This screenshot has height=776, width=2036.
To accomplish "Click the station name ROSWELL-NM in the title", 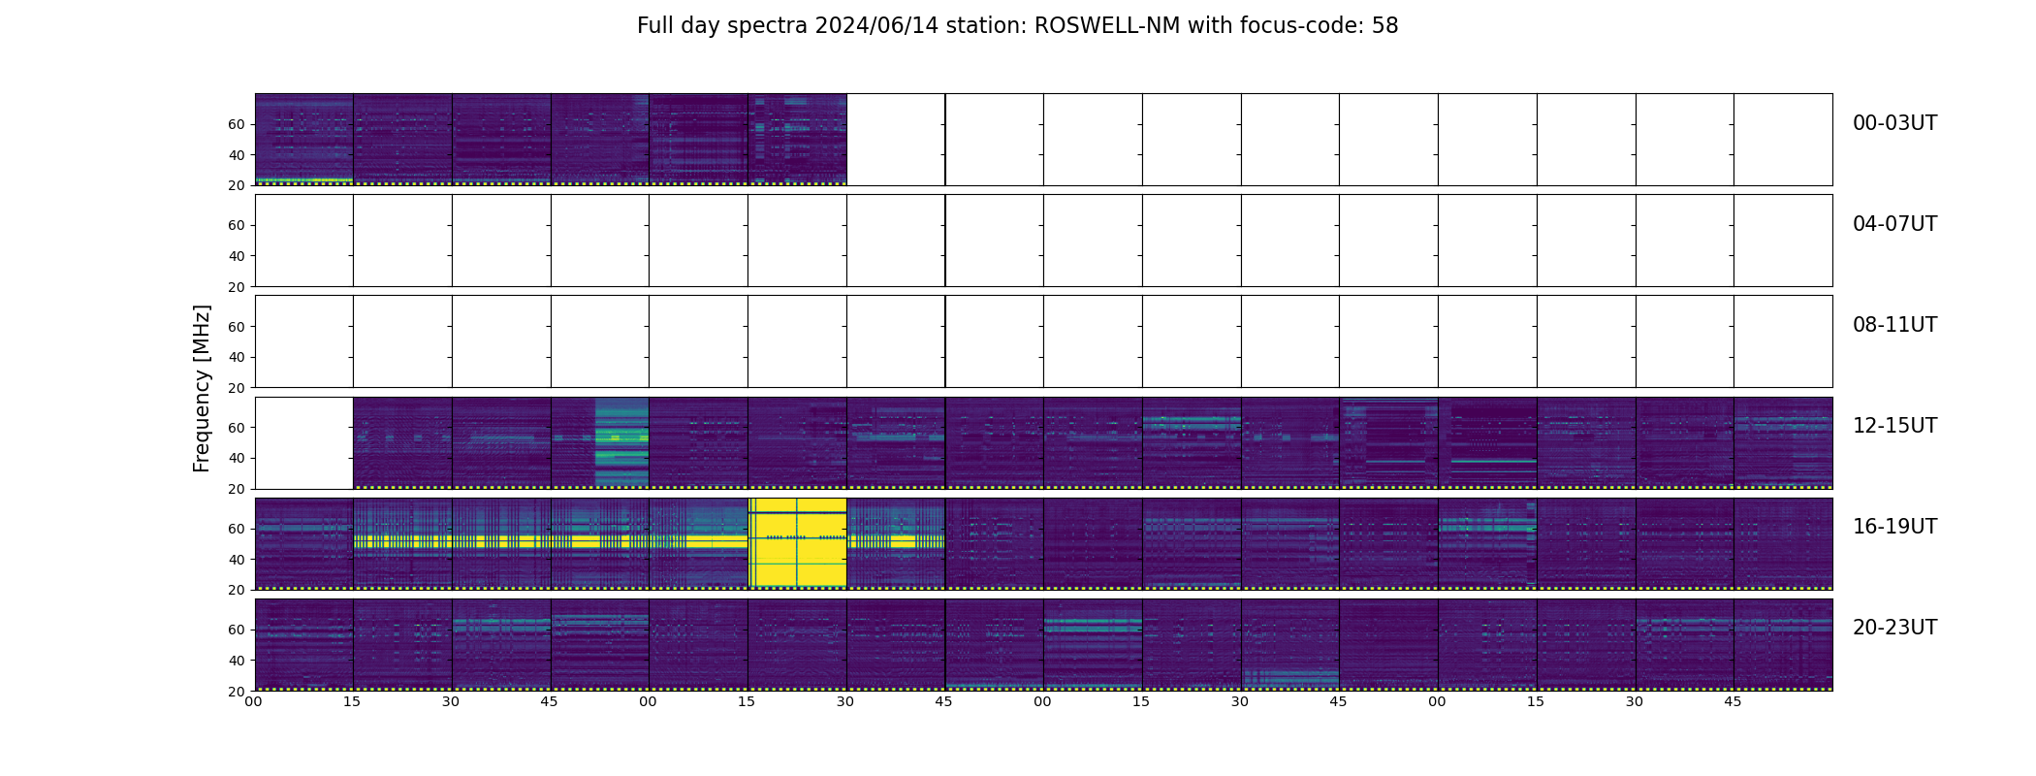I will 1107,26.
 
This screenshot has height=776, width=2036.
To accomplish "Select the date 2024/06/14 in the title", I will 882,26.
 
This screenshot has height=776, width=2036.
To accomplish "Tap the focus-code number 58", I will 1384,26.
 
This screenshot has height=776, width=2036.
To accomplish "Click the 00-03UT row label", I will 1894,123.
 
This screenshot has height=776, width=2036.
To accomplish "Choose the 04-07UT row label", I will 1894,224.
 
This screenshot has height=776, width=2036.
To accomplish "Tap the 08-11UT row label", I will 1894,325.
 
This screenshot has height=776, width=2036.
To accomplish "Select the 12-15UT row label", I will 1894,426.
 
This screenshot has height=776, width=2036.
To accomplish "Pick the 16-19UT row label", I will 1894,527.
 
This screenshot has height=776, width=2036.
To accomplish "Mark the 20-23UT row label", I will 1894,628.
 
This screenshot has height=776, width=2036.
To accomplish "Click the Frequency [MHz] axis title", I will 202,388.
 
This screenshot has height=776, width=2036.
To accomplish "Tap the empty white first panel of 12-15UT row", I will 303,442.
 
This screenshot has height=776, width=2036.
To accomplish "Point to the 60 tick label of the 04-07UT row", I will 237,225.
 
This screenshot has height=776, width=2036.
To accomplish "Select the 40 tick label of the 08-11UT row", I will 237,357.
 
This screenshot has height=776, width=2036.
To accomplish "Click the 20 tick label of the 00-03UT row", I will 237,185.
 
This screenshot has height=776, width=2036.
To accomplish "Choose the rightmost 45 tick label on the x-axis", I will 1733,701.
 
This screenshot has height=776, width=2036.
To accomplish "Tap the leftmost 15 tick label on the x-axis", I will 352,701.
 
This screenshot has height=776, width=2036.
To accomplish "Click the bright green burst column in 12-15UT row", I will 620,442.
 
